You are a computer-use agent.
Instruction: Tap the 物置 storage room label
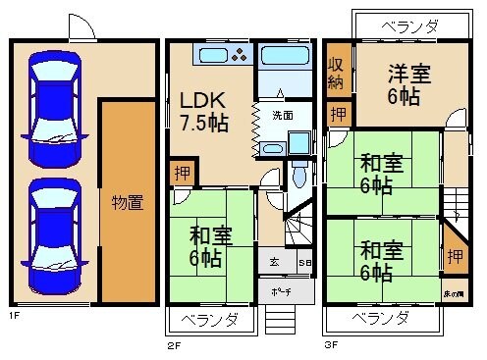[x=128, y=203]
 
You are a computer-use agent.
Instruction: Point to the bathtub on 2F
[x=284, y=57]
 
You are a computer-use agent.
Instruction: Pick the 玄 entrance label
[x=274, y=263]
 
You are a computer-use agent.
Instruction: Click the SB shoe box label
[x=303, y=263]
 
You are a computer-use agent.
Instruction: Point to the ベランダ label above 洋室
[x=409, y=26]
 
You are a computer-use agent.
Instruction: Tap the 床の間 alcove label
[x=456, y=292]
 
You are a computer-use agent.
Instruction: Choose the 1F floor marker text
[x=15, y=316]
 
